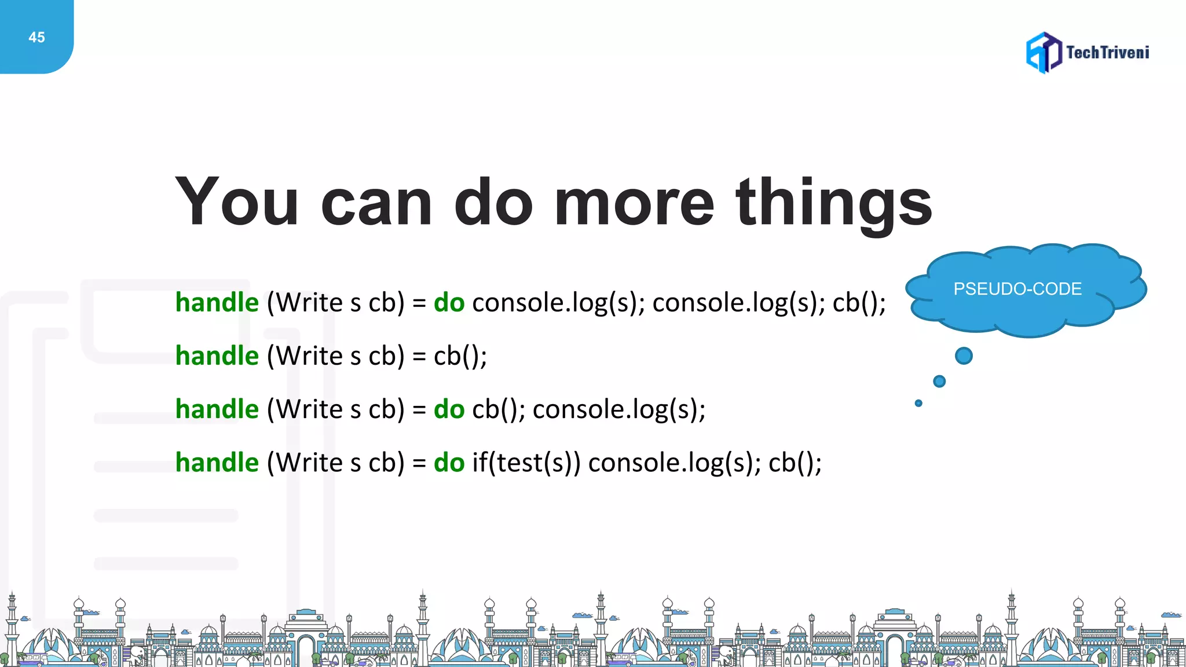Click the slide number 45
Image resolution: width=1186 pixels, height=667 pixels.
click(36, 38)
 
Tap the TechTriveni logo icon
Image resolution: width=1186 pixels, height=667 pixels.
click(1044, 53)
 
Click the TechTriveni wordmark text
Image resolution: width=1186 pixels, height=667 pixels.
click(1107, 53)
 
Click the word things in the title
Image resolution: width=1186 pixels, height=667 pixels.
click(833, 203)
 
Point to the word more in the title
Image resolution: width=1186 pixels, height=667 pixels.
click(634, 203)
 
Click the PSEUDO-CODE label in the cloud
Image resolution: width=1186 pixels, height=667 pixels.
click(1017, 289)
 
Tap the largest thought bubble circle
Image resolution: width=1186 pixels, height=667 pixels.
click(964, 356)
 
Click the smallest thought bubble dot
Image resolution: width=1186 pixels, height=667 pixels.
click(918, 403)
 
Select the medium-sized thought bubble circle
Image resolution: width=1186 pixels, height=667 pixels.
click(939, 381)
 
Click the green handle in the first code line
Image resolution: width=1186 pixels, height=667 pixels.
click(217, 303)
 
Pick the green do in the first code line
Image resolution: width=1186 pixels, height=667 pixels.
click(449, 303)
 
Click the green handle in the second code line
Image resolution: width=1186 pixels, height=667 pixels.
click(217, 356)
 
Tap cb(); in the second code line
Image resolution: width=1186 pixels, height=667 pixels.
click(460, 356)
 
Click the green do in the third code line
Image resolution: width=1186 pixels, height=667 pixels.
click(449, 409)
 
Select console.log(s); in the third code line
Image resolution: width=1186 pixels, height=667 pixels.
click(619, 409)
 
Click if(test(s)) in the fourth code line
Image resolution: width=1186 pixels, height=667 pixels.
click(526, 463)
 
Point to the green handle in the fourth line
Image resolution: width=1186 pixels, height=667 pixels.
click(217, 463)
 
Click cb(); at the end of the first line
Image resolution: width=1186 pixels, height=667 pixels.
click(859, 303)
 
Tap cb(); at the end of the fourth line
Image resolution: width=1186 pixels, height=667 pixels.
click(795, 463)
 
